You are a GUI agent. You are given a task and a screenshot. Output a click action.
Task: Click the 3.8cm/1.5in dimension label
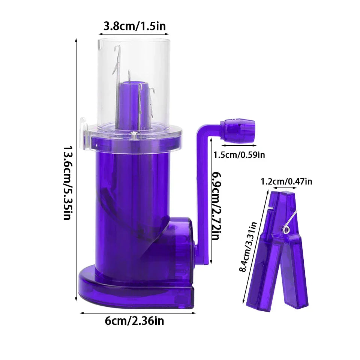(135, 26)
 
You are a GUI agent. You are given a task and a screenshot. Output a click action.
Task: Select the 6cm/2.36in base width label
(135, 321)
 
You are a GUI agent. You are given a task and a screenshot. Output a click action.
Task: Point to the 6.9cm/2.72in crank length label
(217, 206)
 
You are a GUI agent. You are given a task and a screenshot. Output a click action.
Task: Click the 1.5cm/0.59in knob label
(239, 155)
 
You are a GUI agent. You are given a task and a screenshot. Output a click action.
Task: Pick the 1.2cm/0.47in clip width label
(286, 181)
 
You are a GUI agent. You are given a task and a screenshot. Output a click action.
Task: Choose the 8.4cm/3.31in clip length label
(248, 247)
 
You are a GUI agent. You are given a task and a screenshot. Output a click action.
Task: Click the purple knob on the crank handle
(238, 131)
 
